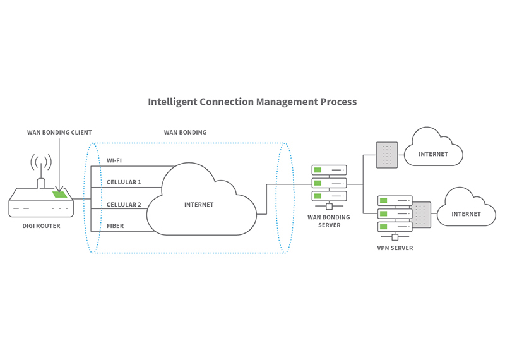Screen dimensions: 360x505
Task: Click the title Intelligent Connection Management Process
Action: tap(252, 102)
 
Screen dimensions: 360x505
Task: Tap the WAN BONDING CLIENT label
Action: tap(59, 133)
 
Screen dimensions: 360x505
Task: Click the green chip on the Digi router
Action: tap(60, 195)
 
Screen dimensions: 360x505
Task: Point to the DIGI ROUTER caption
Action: tap(41, 225)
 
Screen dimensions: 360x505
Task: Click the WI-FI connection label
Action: tap(114, 160)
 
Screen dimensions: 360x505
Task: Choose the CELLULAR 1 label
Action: tap(124, 182)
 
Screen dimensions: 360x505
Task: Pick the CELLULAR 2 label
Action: tap(124, 205)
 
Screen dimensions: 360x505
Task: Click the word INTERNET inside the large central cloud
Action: tap(199, 205)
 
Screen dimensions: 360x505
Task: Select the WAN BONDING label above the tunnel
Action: tap(185, 133)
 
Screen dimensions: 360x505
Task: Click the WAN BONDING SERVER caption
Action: tap(328, 220)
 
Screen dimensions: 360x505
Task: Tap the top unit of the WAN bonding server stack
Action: tap(330, 171)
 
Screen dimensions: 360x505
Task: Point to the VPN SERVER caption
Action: tap(395, 248)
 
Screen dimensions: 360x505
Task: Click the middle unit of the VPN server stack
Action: tap(394, 213)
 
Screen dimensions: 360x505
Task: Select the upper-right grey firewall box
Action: tap(387, 155)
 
